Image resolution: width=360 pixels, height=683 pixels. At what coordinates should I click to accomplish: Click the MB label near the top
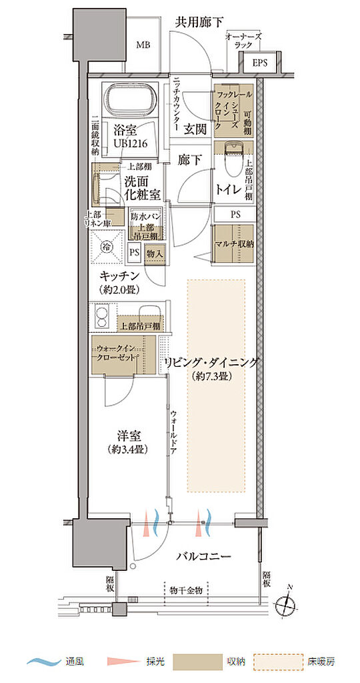[x=143, y=45]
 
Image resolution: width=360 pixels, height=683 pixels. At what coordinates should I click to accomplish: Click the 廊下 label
[x=189, y=160]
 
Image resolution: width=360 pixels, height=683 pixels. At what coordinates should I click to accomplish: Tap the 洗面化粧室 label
[x=141, y=187]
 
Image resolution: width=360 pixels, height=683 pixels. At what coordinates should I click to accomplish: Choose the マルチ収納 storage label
[x=233, y=243]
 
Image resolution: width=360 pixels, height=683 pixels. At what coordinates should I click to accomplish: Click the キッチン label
[x=120, y=276]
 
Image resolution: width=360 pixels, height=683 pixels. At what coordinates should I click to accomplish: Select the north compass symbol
[x=289, y=603]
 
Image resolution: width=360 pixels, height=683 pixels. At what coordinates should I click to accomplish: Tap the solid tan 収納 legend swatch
[x=197, y=662]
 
